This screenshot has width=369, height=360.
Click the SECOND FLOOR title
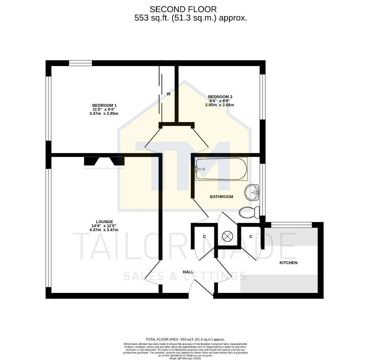tap(183, 9)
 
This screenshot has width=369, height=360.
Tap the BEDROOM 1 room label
tap(104, 105)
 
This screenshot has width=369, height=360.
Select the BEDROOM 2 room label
tap(220, 97)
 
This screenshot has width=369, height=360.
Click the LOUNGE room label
tap(104, 222)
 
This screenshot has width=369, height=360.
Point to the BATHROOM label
tap(221, 197)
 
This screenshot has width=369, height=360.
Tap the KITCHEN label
tap(288, 263)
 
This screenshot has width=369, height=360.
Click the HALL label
tap(188, 272)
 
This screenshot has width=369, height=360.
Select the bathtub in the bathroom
tap(221, 169)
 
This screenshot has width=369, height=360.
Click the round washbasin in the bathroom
tap(252, 192)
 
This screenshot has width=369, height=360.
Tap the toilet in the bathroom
tap(250, 212)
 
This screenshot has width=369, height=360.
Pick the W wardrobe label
tap(168, 94)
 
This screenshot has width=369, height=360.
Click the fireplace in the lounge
tap(104, 162)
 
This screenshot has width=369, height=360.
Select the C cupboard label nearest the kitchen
tap(251, 237)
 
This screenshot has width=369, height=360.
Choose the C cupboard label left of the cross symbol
tap(204, 237)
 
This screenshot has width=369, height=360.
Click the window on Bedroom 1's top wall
tap(80, 63)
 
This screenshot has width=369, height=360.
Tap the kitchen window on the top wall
tap(291, 225)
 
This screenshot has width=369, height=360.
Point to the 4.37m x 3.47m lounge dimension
tap(104, 230)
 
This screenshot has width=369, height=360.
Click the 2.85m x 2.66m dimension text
tap(220, 105)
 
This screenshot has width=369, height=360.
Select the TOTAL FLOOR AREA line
tap(185, 339)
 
